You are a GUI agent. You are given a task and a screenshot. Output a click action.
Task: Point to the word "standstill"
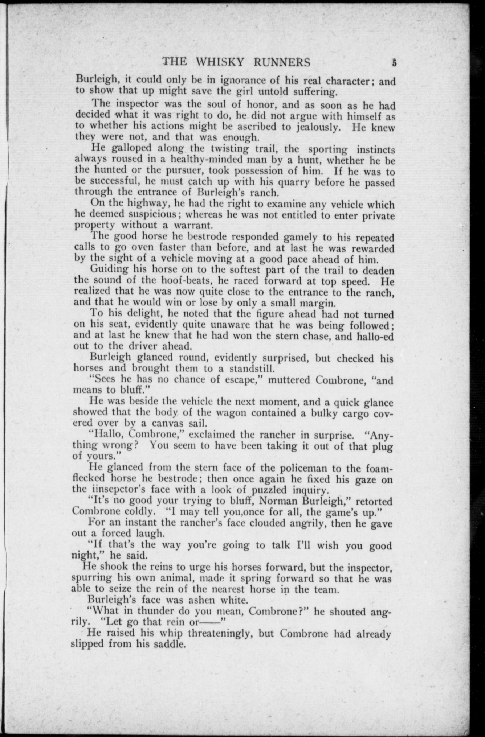pyautogui.click(x=252, y=369)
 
